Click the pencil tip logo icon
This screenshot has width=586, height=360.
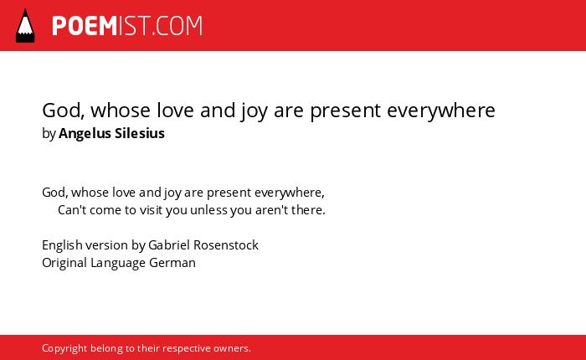pyautogui.click(x=25, y=25)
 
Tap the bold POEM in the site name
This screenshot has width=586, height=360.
pyautogui.click(x=85, y=26)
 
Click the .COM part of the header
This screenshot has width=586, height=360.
pyautogui.click(x=177, y=26)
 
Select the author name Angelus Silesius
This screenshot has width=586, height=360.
pyautogui.click(x=111, y=133)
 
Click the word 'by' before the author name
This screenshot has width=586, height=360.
pyautogui.click(x=49, y=134)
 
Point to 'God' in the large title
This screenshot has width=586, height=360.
pyautogui.click(x=63, y=111)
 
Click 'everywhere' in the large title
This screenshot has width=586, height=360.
pyautogui.click(x=441, y=111)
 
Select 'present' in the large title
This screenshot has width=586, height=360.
pyautogui.click(x=345, y=111)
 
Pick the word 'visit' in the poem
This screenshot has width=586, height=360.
pyautogui.click(x=151, y=209)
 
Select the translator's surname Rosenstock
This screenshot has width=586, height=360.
pyautogui.click(x=231, y=245)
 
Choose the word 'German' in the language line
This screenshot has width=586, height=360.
pyautogui.click(x=172, y=263)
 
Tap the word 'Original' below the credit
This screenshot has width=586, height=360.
pyautogui.click(x=64, y=263)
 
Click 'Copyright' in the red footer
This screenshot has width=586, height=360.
pyautogui.click(x=64, y=348)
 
